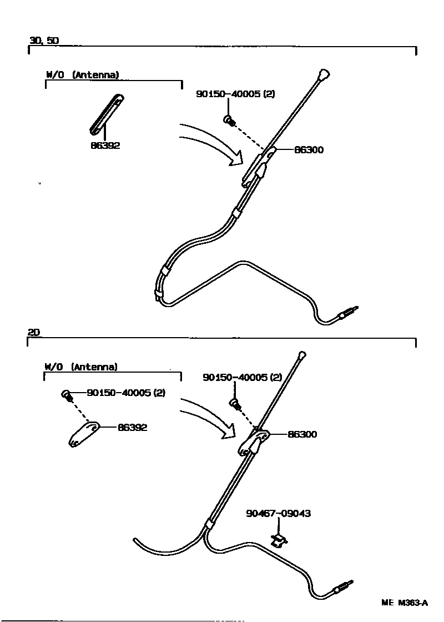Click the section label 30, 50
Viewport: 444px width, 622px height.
click(x=44, y=41)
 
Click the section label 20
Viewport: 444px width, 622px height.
click(x=33, y=332)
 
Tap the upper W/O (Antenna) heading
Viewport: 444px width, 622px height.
click(x=82, y=74)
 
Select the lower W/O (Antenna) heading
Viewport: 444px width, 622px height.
click(x=81, y=367)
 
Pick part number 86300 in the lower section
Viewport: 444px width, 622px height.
click(x=302, y=434)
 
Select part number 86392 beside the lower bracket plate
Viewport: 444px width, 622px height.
click(x=132, y=428)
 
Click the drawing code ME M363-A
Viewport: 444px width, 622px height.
click(x=405, y=603)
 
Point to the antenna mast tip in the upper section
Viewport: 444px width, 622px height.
click(x=324, y=74)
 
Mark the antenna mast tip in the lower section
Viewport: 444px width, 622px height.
click(x=302, y=354)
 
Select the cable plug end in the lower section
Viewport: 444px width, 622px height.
click(x=342, y=586)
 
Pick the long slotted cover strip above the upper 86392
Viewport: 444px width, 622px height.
click(x=105, y=114)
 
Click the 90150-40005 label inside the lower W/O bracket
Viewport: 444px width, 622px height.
click(x=126, y=393)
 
